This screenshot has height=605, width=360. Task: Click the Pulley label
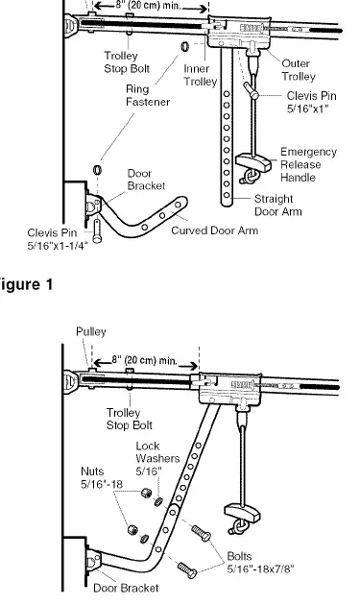(x=91, y=332)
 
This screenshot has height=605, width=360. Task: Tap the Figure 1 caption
(x=26, y=285)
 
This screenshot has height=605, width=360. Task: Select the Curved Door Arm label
(x=214, y=230)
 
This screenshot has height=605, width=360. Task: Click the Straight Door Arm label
(x=278, y=206)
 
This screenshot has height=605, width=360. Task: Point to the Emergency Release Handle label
(x=308, y=165)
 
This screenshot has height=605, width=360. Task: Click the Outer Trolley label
(x=299, y=70)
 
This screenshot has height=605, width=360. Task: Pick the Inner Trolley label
(x=200, y=75)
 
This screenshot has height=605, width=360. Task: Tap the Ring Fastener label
(x=148, y=95)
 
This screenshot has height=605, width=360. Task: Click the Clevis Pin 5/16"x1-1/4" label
(x=58, y=239)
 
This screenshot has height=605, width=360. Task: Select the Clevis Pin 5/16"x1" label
(x=311, y=102)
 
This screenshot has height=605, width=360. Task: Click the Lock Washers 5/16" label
(x=157, y=458)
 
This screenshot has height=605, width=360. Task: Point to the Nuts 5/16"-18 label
(x=102, y=477)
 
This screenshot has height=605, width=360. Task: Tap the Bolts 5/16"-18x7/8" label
(x=260, y=562)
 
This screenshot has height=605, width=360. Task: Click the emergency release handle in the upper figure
(x=253, y=162)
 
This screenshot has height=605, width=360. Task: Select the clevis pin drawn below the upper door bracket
(x=97, y=230)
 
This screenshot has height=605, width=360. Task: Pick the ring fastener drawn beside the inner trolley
(x=185, y=47)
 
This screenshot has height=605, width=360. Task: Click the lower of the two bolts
(x=187, y=569)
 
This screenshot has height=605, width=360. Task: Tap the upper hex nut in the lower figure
(x=146, y=493)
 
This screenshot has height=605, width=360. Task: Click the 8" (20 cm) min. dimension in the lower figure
(x=146, y=361)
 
